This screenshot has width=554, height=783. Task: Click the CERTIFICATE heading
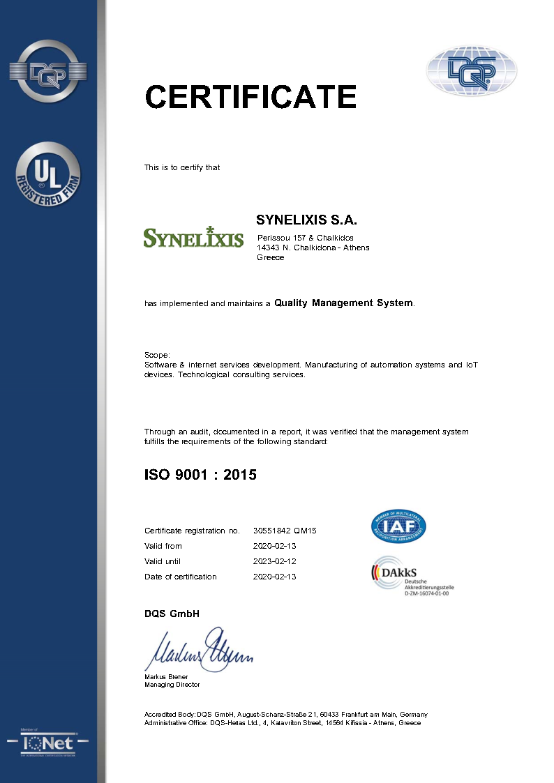pyautogui.click(x=250, y=96)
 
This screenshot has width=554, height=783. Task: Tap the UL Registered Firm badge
pyautogui.click(x=48, y=174)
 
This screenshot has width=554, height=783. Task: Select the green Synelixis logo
pyautogui.click(x=193, y=237)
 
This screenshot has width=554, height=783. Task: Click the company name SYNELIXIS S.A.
pyautogui.click(x=306, y=220)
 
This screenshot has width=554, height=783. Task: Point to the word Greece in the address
pyautogui.click(x=271, y=257)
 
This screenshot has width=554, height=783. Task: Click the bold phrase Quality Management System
pyautogui.click(x=343, y=303)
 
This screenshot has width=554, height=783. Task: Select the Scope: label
pyautogui.click(x=157, y=355)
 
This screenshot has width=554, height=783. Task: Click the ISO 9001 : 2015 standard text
pyautogui.click(x=200, y=475)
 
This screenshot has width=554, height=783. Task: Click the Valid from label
pyautogui.click(x=163, y=546)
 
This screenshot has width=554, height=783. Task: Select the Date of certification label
pyautogui.click(x=180, y=577)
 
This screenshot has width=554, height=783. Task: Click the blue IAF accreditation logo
pyautogui.click(x=398, y=526)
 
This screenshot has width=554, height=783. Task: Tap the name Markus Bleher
pyautogui.click(x=166, y=676)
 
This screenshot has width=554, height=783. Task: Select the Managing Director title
pyautogui.click(x=172, y=685)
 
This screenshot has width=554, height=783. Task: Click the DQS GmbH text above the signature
pyautogui.click(x=172, y=614)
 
